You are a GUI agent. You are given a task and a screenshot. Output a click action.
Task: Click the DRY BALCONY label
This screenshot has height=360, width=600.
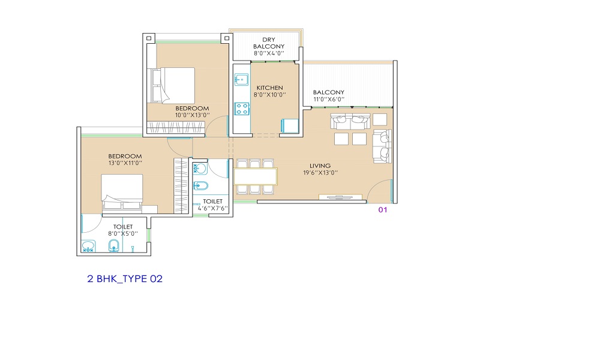pyautogui.click(x=269, y=43)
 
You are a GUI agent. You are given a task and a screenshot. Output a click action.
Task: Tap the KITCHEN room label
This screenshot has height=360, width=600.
pyautogui.click(x=270, y=88)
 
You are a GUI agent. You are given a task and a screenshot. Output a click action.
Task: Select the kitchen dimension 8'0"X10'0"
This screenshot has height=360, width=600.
pyautogui.click(x=270, y=95)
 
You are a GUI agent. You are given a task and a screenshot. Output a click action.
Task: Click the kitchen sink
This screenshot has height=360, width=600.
pyautogui.click(x=241, y=80)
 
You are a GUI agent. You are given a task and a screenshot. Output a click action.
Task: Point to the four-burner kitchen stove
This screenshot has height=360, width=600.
pyautogui.click(x=242, y=109)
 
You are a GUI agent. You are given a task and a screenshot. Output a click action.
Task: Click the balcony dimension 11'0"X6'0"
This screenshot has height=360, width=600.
pyautogui.click(x=329, y=100)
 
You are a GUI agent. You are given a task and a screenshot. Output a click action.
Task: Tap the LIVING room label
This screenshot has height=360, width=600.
pyautogui.click(x=320, y=166)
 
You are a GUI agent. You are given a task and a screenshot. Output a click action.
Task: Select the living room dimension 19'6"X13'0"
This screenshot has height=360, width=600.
pyautogui.click(x=320, y=173)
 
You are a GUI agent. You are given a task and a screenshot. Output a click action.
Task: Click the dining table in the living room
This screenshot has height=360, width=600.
pyautogui.click(x=256, y=176)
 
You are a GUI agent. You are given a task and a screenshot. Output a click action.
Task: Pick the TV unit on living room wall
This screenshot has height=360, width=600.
pyautogui.click(x=340, y=197)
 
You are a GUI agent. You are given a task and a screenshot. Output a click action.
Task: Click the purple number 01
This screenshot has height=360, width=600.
pyautogui.click(x=383, y=209)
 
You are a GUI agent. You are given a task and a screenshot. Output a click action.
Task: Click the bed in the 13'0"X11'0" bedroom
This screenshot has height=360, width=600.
pyautogui.click(x=122, y=193)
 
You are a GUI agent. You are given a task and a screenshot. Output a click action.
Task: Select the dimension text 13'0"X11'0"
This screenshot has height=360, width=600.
pyautogui.click(x=125, y=163)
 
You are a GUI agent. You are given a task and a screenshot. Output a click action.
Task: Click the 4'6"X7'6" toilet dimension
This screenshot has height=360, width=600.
pyautogui.click(x=213, y=209)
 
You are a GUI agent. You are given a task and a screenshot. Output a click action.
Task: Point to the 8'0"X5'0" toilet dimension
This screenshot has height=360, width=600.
pyautogui.click(x=123, y=233)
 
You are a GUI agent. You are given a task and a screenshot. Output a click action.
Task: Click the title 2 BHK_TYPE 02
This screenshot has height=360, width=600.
pyautogui.click(x=125, y=279)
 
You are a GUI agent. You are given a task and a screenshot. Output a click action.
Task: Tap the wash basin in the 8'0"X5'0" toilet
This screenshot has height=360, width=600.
pyautogui.click(x=89, y=246)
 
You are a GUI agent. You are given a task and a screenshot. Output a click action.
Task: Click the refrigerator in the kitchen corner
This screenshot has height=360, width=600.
pyautogui.click(x=290, y=126)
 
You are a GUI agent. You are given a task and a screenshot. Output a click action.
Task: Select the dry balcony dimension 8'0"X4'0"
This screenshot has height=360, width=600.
pyautogui.click(x=269, y=53)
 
